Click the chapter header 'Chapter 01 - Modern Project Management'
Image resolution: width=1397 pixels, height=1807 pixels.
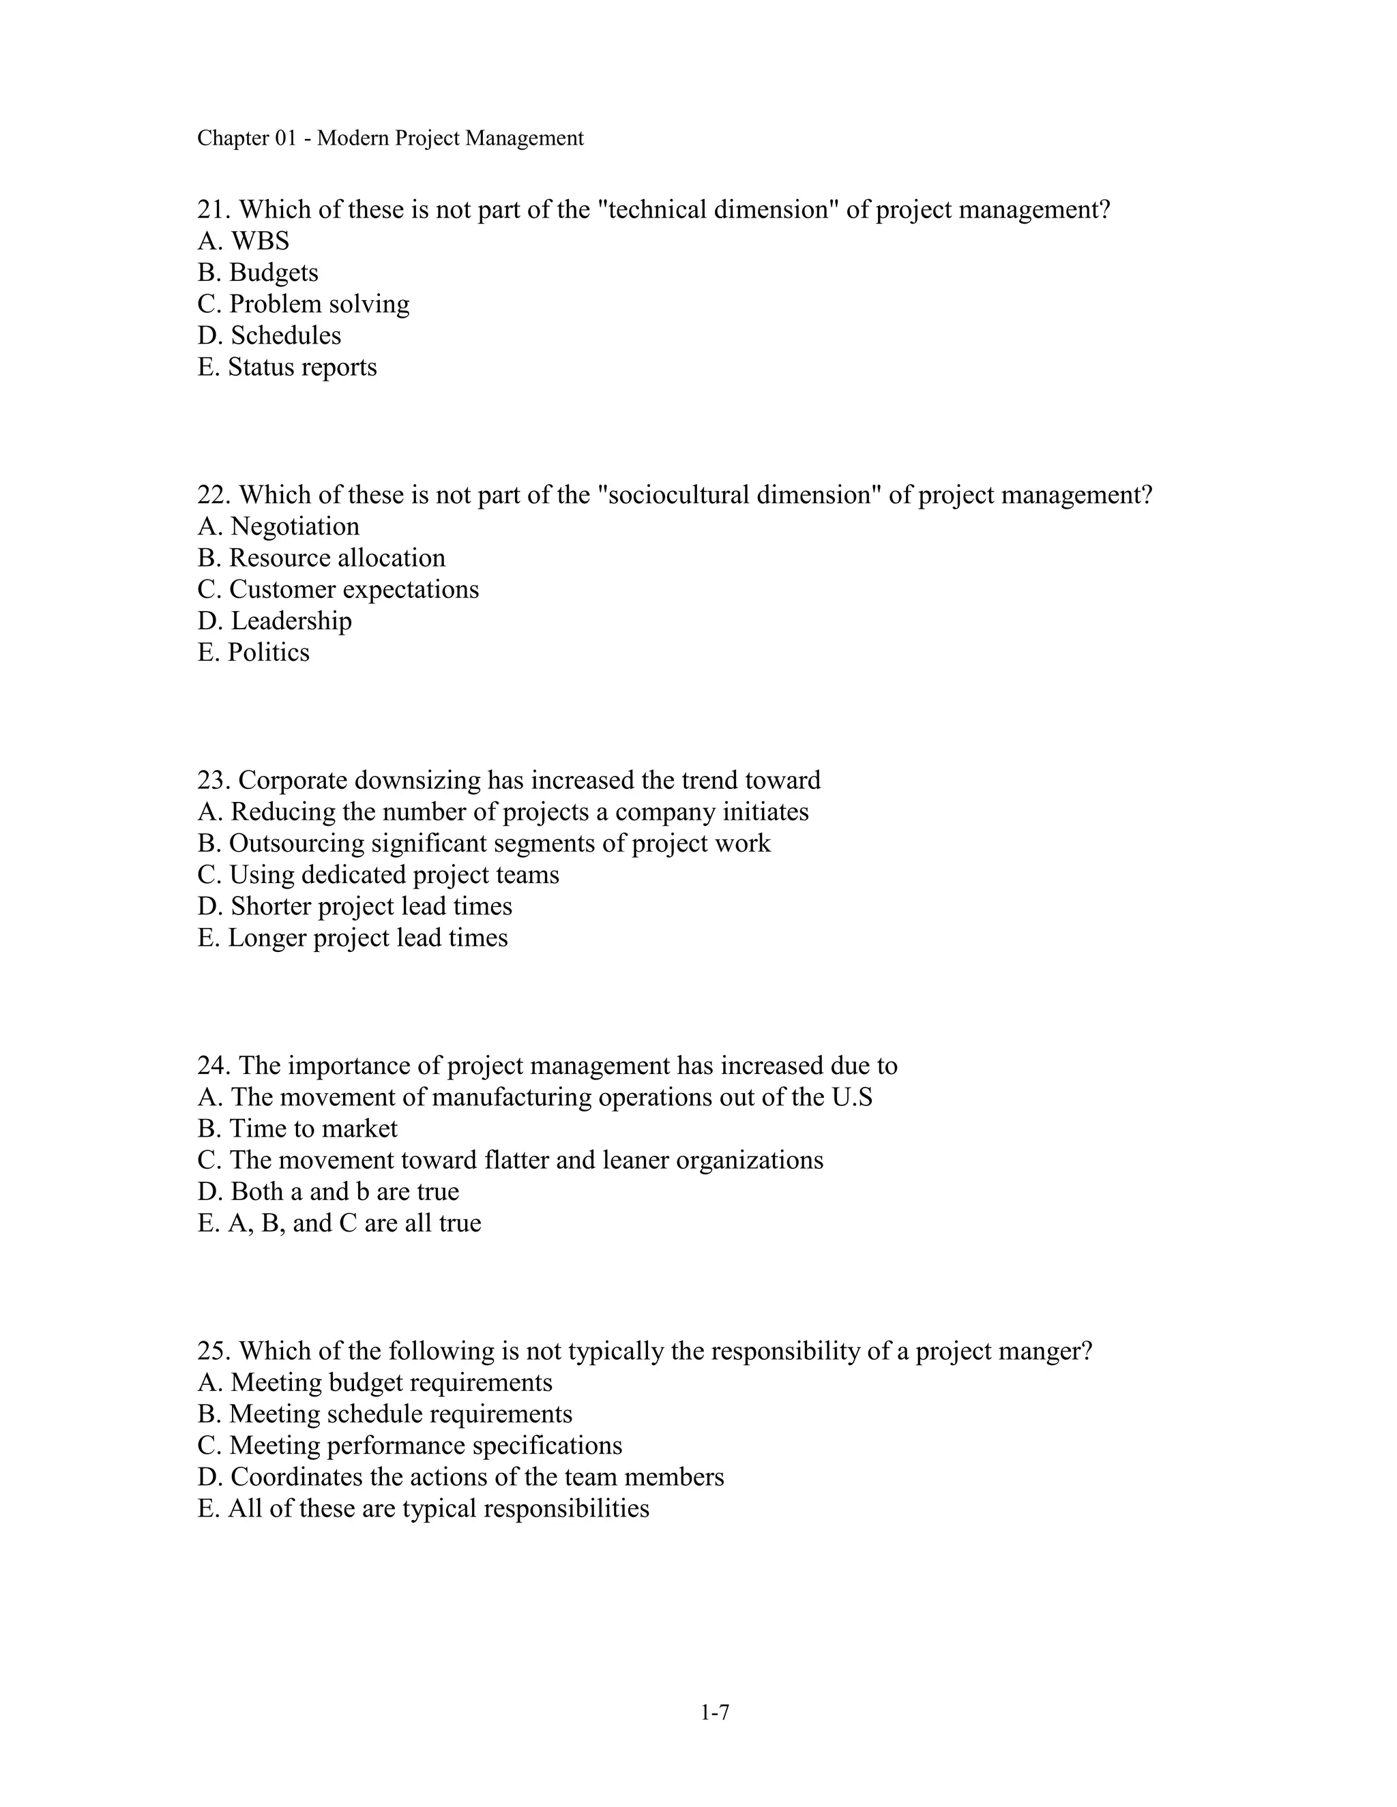(x=389, y=138)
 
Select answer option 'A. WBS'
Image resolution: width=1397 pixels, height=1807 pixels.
(x=244, y=241)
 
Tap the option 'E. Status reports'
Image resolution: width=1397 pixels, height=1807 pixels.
(x=286, y=367)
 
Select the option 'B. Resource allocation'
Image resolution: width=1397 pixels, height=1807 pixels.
(x=321, y=558)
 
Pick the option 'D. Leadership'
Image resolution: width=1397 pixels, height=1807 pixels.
(x=274, y=621)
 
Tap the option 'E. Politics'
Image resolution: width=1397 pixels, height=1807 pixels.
(x=253, y=652)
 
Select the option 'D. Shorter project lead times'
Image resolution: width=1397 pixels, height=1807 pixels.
(x=354, y=906)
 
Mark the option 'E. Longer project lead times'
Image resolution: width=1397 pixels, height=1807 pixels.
(x=352, y=938)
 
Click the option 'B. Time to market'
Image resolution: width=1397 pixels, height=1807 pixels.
(x=297, y=1129)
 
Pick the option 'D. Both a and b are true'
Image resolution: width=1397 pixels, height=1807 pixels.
(x=327, y=1191)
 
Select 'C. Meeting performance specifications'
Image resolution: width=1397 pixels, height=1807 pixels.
(x=410, y=1446)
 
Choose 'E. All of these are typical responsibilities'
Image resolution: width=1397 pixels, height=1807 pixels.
(x=423, y=1508)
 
